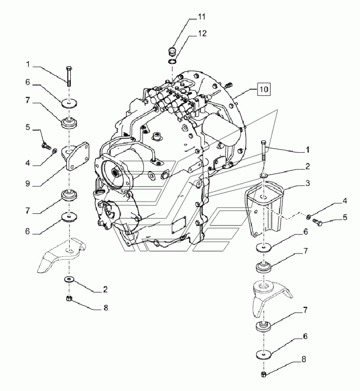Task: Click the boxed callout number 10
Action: pyautogui.click(x=264, y=89)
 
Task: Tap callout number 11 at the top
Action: pyautogui.click(x=202, y=17)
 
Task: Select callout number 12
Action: pyautogui.click(x=203, y=33)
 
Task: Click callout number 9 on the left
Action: pyautogui.click(x=28, y=184)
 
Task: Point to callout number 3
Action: pyautogui.click(x=307, y=183)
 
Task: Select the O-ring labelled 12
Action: pyautogui.click(x=172, y=61)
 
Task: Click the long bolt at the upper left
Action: pyautogui.click(x=69, y=76)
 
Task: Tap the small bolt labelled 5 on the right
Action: pyautogui.click(x=317, y=221)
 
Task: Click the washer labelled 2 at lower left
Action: pyautogui.click(x=69, y=279)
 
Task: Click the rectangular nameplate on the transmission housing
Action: pyautogui.click(x=179, y=224)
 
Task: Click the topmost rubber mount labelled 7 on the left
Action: pyautogui.click(x=69, y=123)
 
